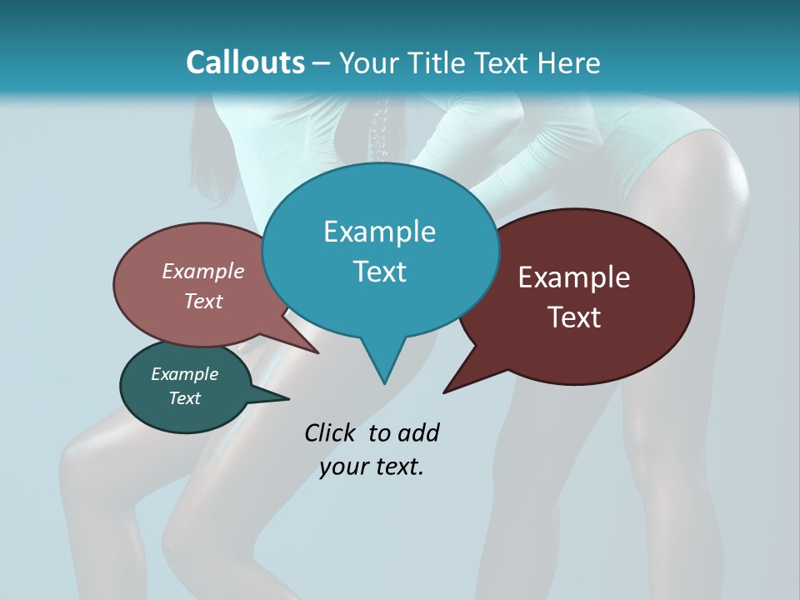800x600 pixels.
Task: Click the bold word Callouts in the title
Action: [245, 62]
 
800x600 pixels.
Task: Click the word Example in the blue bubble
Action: [379, 231]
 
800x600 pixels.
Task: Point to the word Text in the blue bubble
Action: [379, 272]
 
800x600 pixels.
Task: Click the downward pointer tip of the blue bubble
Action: [384, 382]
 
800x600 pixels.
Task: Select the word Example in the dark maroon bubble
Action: [574, 277]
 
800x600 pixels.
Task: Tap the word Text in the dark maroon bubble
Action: [574, 317]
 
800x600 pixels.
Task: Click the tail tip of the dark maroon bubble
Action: [445, 392]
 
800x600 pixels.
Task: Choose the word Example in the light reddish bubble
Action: [203, 271]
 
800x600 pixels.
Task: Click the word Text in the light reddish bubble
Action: [203, 301]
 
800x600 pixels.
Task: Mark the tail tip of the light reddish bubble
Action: [317, 352]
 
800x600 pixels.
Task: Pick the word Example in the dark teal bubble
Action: [184, 374]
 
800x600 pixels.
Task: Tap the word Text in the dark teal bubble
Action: [184, 398]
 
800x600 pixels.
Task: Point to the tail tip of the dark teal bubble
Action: [288, 398]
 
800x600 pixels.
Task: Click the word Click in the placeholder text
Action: [331, 432]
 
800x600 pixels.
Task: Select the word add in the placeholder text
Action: [418, 432]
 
